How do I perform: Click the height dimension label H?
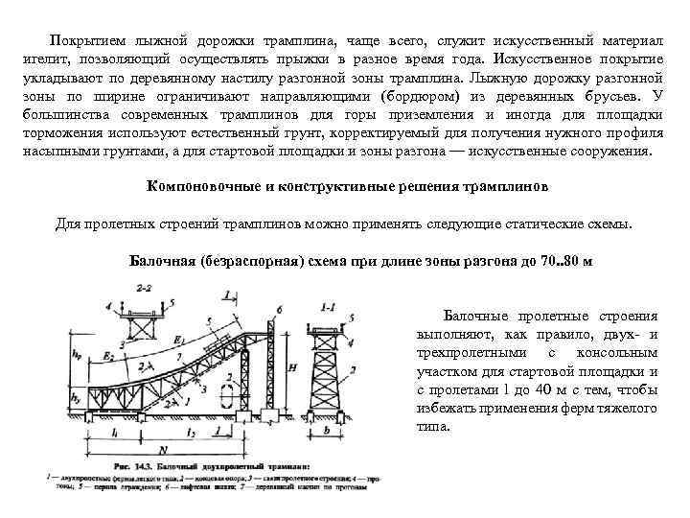pyautogui.click(x=290, y=365)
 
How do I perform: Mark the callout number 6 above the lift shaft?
pyautogui.click(x=278, y=307)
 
